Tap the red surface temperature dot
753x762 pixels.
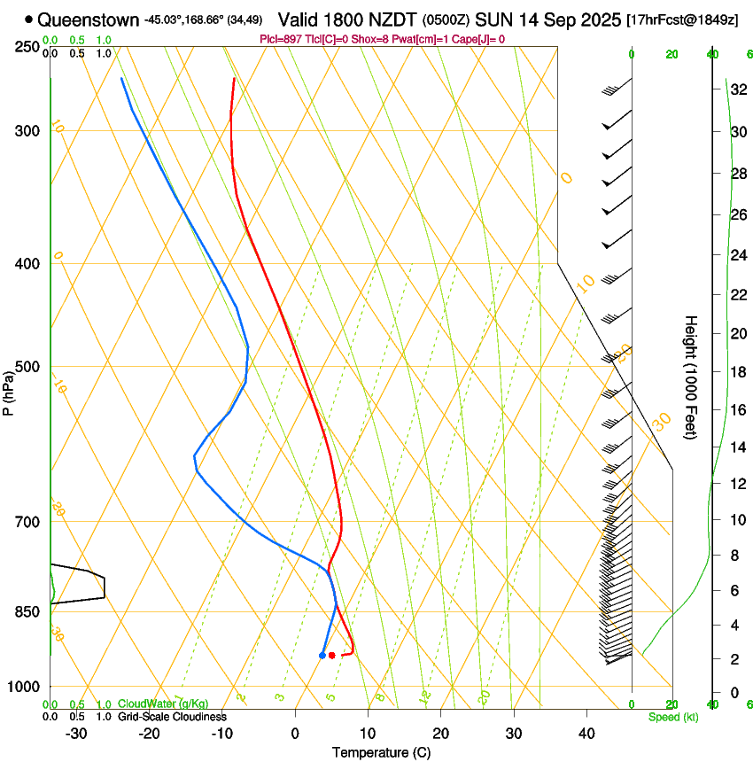[331, 655]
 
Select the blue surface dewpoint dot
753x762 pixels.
[322, 655]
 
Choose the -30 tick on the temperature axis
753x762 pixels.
[76, 733]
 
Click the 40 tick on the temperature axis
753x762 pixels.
[586, 733]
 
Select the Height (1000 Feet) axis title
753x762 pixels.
[691, 377]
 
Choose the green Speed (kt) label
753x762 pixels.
[672, 717]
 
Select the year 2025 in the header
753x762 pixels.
[594, 19]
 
